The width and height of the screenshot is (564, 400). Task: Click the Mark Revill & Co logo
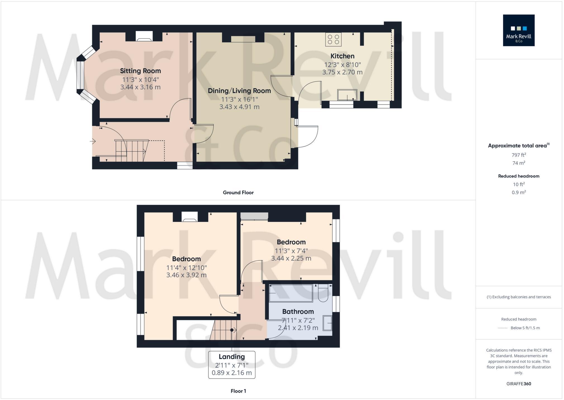coord(518,30)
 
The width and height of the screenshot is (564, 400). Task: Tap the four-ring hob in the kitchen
coord(333,39)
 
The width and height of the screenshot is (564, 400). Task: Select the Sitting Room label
coord(140,71)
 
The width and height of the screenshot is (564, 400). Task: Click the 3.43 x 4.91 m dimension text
coord(239,107)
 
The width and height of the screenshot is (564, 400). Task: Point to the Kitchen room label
coord(342,56)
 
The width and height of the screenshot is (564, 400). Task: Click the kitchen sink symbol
coord(347,95)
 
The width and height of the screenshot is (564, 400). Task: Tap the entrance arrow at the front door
coord(93,141)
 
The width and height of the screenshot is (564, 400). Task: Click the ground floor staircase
coord(131,151)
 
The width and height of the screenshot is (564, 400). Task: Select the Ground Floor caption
coord(238,192)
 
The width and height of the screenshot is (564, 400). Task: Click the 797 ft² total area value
coord(518,155)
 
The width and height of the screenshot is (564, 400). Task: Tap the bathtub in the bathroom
coord(291,293)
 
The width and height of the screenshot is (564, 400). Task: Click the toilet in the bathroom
coord(323,294)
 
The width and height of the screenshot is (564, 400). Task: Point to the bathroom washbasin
coord(327,323)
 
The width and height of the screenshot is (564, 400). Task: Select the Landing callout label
coord(232,357)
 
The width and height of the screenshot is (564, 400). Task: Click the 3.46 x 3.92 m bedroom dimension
coord(186,275)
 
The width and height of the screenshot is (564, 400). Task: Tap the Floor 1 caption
coord(238,391)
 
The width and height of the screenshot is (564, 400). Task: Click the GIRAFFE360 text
coord(518,384)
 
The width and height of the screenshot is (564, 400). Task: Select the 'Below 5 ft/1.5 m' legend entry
coord(525,328)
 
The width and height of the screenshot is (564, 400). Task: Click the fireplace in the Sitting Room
coord(144,37)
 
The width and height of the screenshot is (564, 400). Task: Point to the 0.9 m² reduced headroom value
coord(518,192)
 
